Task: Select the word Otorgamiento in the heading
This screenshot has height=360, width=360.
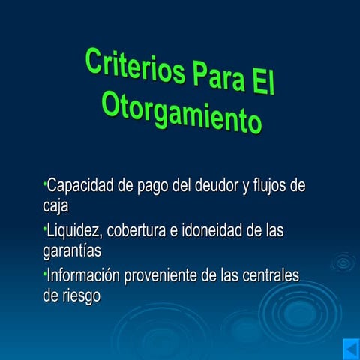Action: tap(182, 112)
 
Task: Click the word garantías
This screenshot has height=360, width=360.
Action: tap(72, 249)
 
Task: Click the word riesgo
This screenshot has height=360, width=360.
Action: tap(80, 295)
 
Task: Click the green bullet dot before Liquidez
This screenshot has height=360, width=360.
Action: tap(45, 227)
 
